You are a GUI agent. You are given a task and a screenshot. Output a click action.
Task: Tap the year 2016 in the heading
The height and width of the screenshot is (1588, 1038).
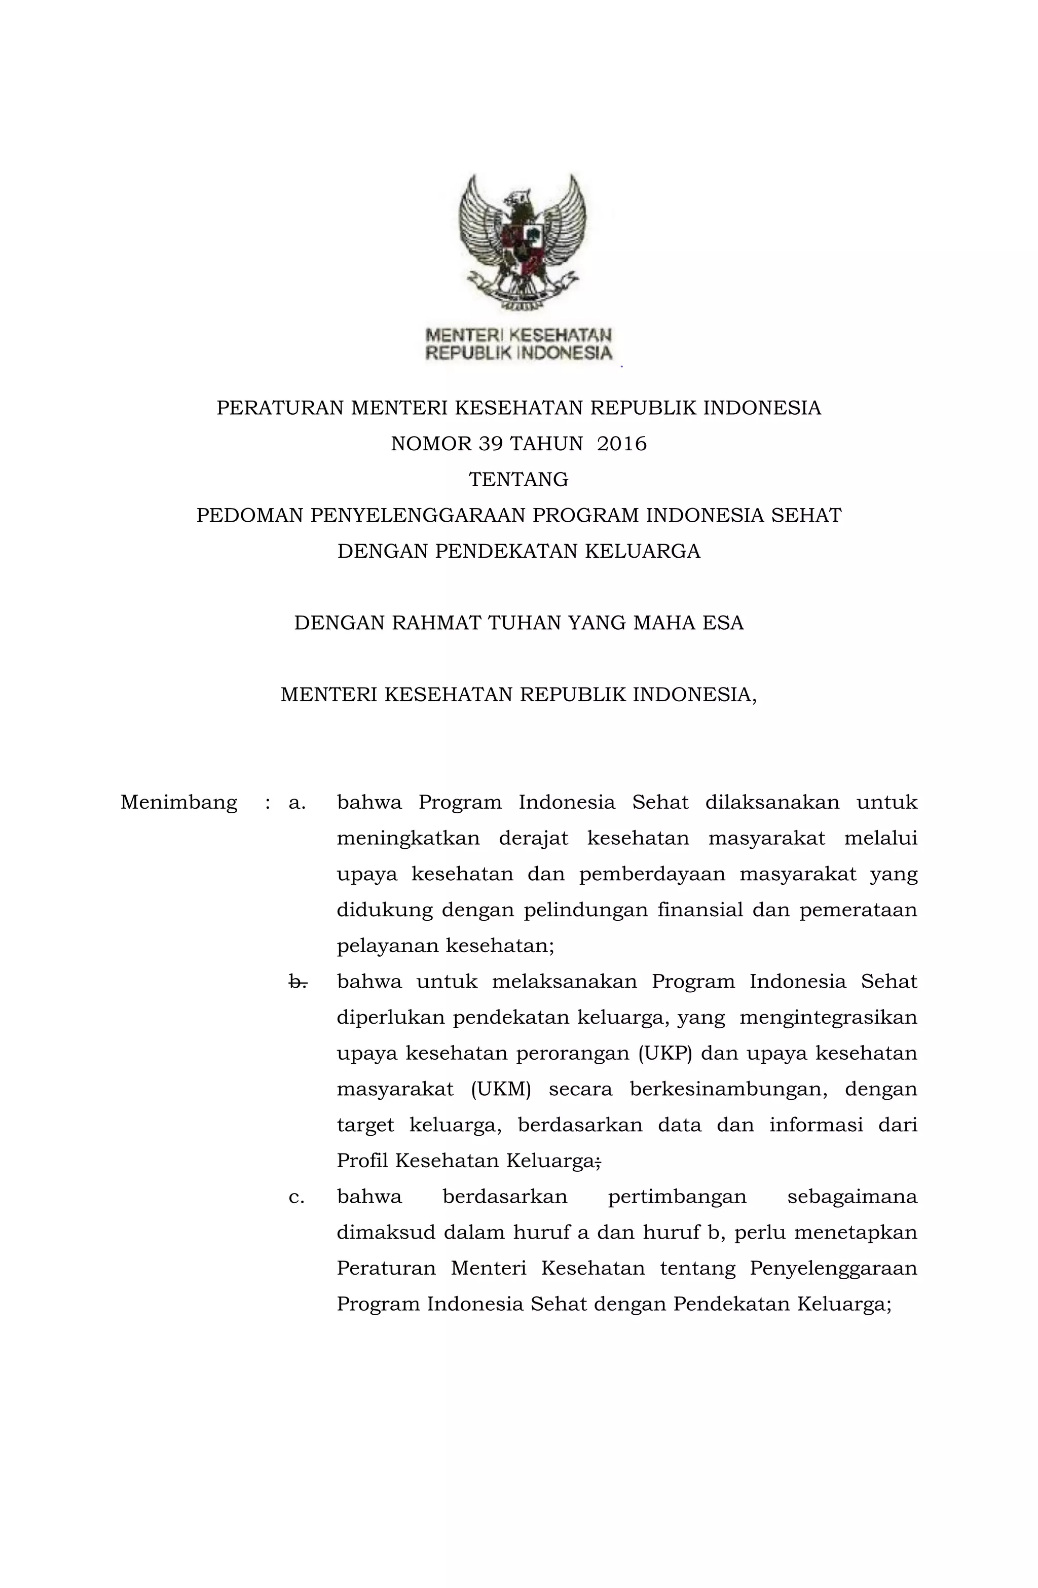622,444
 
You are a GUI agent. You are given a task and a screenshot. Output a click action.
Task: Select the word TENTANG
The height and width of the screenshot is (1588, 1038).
518,479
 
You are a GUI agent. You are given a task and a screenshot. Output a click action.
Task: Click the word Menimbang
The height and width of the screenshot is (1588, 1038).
179,802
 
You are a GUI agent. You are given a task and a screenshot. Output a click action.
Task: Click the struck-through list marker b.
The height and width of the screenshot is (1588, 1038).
297,982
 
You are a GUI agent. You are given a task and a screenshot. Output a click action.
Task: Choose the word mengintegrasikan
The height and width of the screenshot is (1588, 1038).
828,1018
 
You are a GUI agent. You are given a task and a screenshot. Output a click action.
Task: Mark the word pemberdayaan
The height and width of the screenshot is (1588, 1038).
652,874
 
